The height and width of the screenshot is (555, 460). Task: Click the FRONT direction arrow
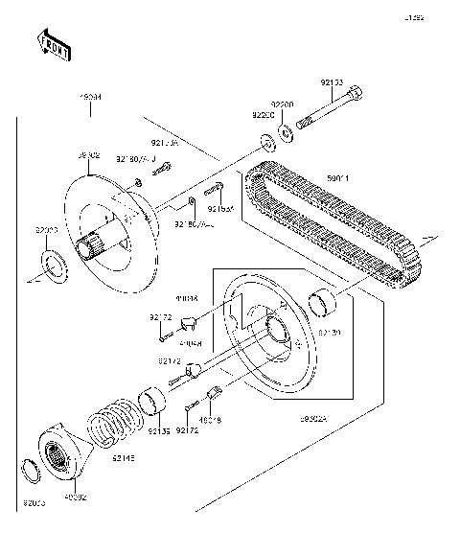pos(54,45)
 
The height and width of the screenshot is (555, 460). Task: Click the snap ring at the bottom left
pos(33,472)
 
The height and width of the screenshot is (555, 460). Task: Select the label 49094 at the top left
pos(90,98)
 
